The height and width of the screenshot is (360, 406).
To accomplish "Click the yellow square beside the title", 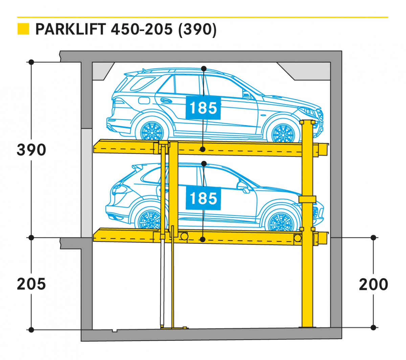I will click(x=23, y=29).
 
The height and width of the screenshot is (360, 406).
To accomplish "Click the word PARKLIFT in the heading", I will click(x=70, y=29).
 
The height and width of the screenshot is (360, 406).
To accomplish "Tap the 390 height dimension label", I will click(x=31, y=150).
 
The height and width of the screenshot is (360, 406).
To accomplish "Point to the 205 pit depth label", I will click(x=31, y=284).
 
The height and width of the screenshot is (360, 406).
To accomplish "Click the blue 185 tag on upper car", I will click(x=203, y=108).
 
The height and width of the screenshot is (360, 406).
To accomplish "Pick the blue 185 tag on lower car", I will click(x=203, y=198).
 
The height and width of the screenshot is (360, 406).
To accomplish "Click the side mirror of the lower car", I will click(x=243, y=186).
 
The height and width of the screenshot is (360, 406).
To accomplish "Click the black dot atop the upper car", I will click(x=204, y=68).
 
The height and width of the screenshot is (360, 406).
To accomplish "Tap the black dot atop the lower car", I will click(x=204, y=164).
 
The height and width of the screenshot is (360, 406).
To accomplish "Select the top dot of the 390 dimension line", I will click(x=31, y=62).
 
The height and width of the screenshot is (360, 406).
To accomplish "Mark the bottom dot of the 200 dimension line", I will click(x=373, y=327).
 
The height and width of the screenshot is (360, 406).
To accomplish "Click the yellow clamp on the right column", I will click(x=307, y=199).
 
